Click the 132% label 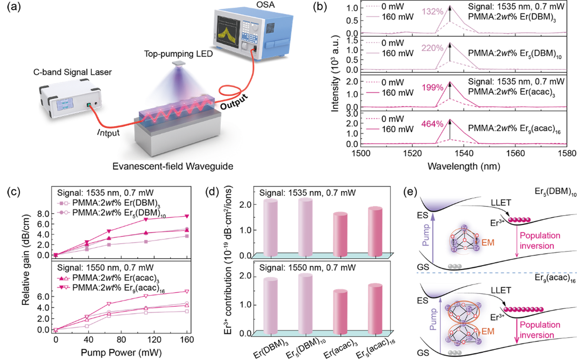[x=432, y=12]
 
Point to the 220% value [x=432, y=48]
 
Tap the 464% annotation [x=432, y=124]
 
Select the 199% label [x=432, y=87]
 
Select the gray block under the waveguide [x=177, y=136]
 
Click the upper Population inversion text [x=540, y=241]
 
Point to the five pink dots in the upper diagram [x=519, y=220]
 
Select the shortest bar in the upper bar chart [x=340, y=234]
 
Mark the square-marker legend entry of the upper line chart [x=63, y=203]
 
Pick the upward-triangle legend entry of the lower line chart [x=63, y=278]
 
